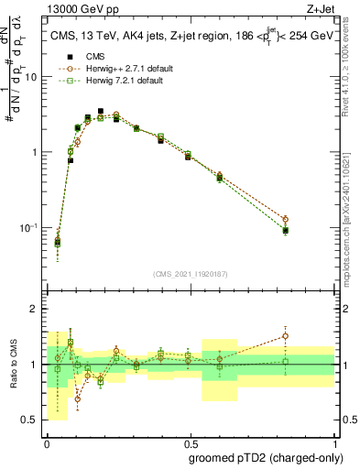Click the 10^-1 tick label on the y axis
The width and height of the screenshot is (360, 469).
click(x=30, y=227)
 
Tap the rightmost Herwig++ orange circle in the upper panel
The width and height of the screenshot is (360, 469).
click(x=286, y=220)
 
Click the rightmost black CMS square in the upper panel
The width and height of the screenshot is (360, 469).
click(x=286, y=231)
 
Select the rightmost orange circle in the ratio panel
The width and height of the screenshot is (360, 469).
click(x=286, y=335)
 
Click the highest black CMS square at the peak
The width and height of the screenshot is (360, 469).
click(x=101, y=111)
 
